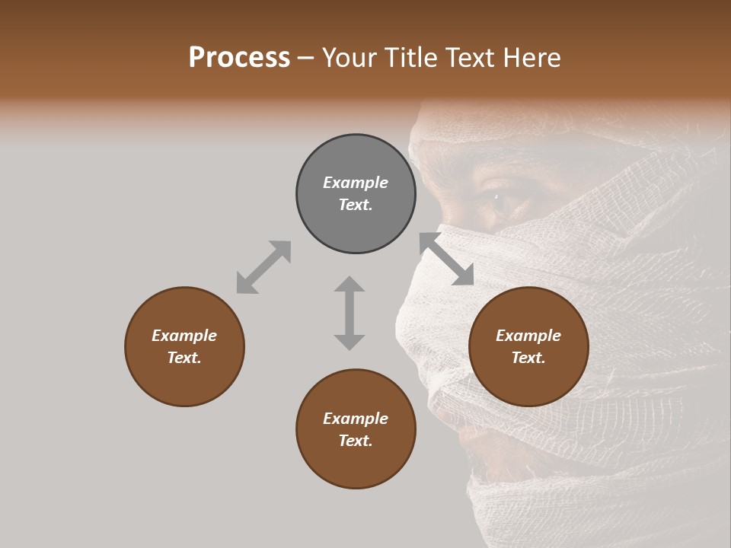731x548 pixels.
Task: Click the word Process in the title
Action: tap(239, 58)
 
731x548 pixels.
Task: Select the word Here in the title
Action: tap(531, 58)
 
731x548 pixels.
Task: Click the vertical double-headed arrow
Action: tap(350, 313)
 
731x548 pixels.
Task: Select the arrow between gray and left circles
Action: tap(263, 267)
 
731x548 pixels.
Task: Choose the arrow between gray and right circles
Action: tap(447, 260)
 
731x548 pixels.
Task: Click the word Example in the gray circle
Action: tap(356, 183)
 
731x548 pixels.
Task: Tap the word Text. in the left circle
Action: tap(184, 358)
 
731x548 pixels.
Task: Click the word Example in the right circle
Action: tap(528, 336)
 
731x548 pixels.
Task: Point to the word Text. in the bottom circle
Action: tap(356, 441)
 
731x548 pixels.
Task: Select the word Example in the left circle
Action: tap(184, 336)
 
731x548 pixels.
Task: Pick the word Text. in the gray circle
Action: tap(356, 205)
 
